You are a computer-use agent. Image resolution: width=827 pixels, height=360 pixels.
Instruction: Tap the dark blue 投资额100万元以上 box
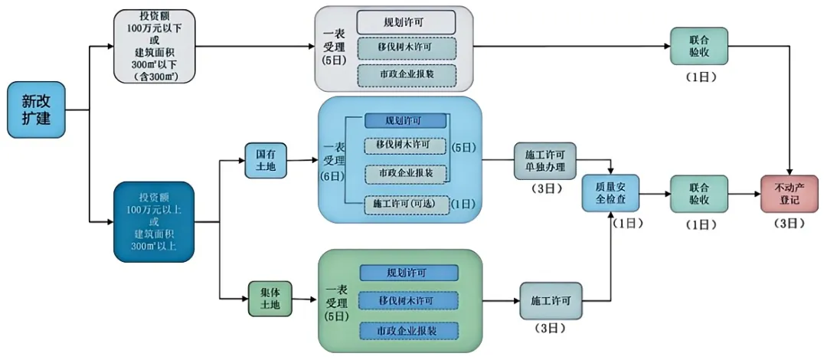coord(154,223)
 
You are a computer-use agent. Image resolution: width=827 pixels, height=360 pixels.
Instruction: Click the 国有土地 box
coord(265,161)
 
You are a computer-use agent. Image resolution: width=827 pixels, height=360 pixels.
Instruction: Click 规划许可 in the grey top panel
coord(407,21)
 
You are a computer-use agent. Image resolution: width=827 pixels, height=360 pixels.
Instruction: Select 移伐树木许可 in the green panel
coord(408,301)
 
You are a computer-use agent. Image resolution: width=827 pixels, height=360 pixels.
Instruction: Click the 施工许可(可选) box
coord(407,204)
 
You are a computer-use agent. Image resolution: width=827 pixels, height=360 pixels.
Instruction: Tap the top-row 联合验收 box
coord(698,46)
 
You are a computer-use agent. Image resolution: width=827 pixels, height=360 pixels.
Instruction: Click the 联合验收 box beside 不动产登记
coord(698,194)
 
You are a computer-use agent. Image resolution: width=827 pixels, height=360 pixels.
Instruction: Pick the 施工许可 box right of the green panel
coord(551,299)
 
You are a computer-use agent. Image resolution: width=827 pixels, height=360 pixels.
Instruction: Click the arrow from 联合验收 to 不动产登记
coord(744,194)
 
